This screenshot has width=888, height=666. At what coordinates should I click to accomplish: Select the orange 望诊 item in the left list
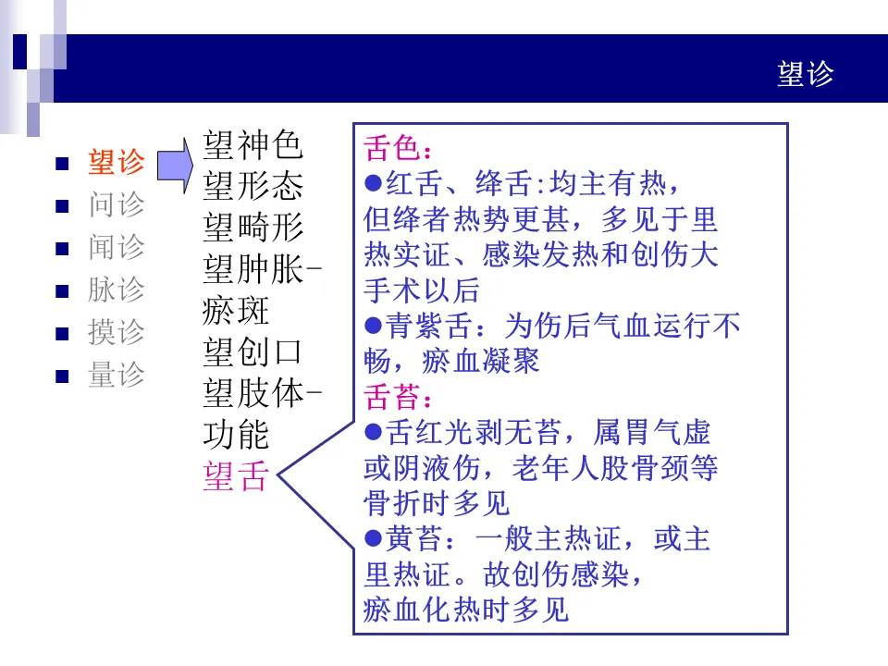pyautogui.click(x=117, y=163)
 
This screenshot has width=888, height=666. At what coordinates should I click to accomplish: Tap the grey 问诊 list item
pyautogui.click(x=117, y=204)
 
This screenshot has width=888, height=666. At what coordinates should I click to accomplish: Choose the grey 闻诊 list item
pyautogui.click(x=117, y=247)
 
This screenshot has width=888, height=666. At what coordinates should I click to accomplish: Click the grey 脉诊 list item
pyautogui.click(x=117, y=290)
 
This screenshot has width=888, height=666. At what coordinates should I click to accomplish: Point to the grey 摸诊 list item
pyautogui.click(x=117, y=332)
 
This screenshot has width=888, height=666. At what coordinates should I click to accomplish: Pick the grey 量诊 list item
pyautogui.click(x=117, y=375)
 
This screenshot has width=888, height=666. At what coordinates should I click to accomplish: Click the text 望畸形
pyautogui.click(x=253, y=227)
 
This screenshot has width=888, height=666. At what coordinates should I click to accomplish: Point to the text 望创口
pyautogui.click(x=253, y=352)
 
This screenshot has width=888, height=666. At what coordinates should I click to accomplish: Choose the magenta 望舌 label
pyautogui.click(x=235, y=477)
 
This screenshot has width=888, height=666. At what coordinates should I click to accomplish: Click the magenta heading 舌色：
pyautogui.click(x=399, y=149)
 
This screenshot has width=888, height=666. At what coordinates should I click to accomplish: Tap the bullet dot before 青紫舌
pyautogui.click(x=374, y=326)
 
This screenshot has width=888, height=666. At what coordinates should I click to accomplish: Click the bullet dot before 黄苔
pyautogui.click(x=374, y=538)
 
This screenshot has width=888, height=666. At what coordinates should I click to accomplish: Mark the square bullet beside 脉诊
pyautogui.click(x=63, y=290)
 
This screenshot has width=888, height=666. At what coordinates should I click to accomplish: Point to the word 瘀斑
pyautogui.click(x=235, y=311)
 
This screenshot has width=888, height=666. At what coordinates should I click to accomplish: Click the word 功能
pyautogui.click(x=235, y=436)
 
